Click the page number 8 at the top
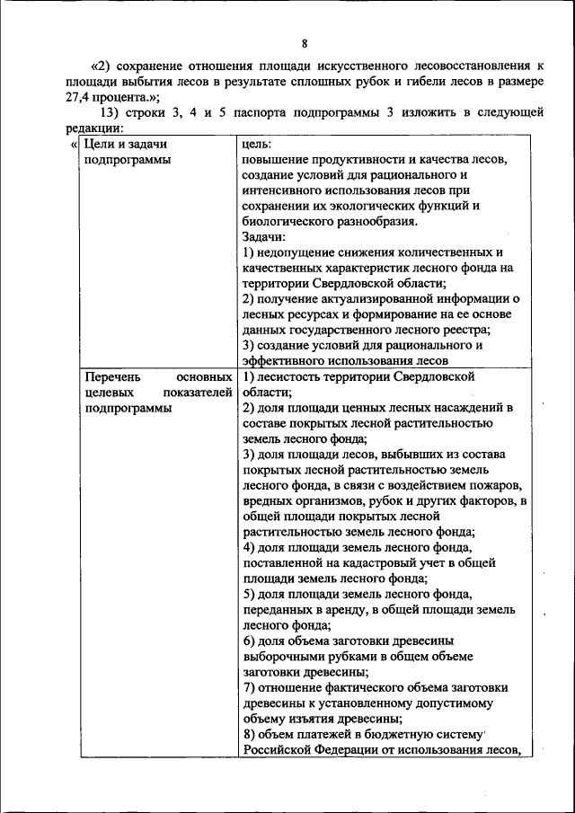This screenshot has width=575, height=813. [305, 42]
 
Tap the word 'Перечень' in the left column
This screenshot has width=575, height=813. [109, 377]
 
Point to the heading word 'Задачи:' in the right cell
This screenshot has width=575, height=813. [265, 236]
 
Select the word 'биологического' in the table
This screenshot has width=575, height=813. [286, 221]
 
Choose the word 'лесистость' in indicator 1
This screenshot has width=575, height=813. [290, 377]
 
